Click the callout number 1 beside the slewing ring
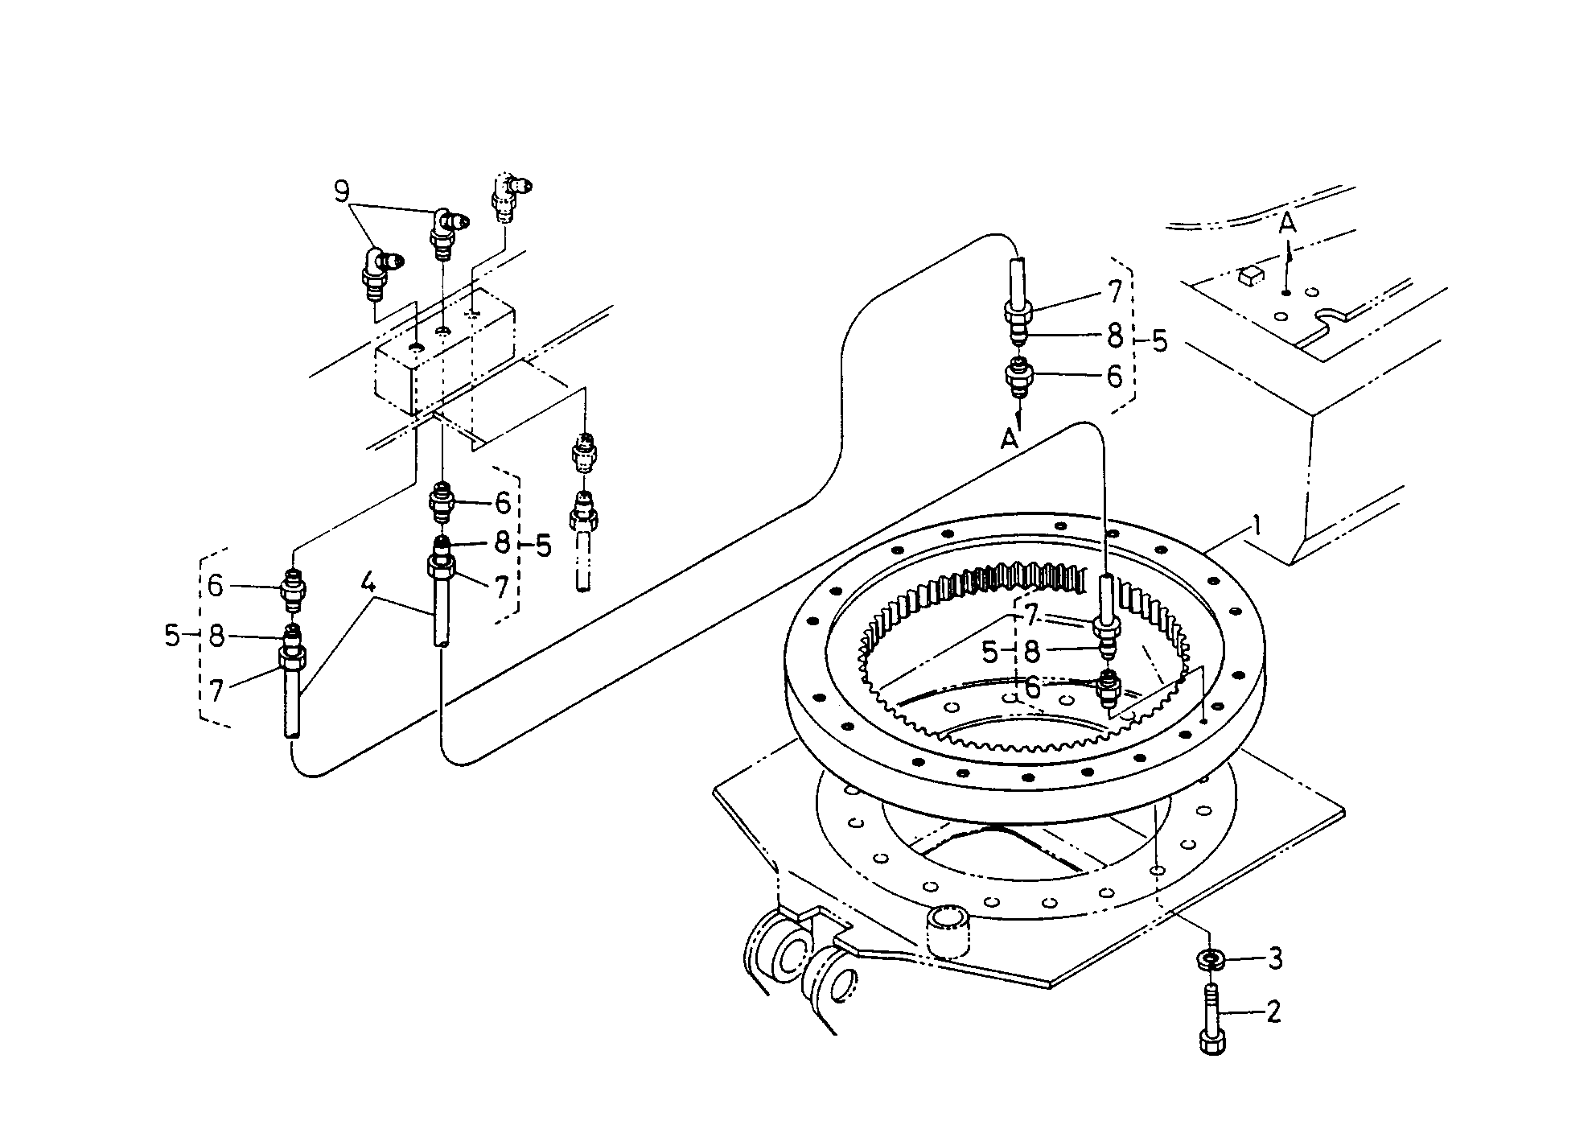(1256, 528)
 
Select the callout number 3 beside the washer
(1274, 958)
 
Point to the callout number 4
(368, 583)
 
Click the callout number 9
(342, 192)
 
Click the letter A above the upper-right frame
(1288, 224)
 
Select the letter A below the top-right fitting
(1009, 439)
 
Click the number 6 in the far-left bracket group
(215, 586)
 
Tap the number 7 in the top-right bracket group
(1115, 292)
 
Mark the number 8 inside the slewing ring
(1032, 651)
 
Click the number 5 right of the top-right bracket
(1159, 340)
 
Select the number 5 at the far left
(172, 636)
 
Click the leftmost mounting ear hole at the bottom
(791, 956)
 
